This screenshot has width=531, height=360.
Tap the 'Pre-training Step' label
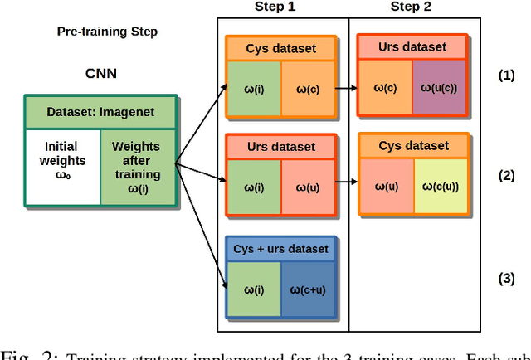tap(107, 32)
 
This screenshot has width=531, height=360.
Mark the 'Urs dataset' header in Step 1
tap(281, 147)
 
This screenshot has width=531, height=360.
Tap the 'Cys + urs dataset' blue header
tap(281, 248)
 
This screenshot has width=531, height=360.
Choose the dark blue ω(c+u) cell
tap(306, 288)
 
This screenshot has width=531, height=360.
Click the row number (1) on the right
tap(506, 75)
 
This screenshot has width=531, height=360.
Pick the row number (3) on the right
tap(506, 278)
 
